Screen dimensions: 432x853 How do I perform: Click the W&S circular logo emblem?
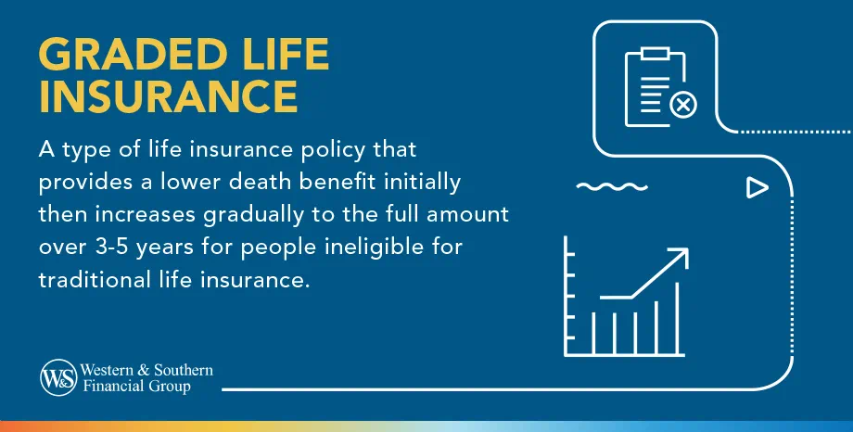coord(57,377)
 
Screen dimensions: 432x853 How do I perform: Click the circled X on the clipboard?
coord(683,105)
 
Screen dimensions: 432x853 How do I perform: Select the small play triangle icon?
coord(758,188)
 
